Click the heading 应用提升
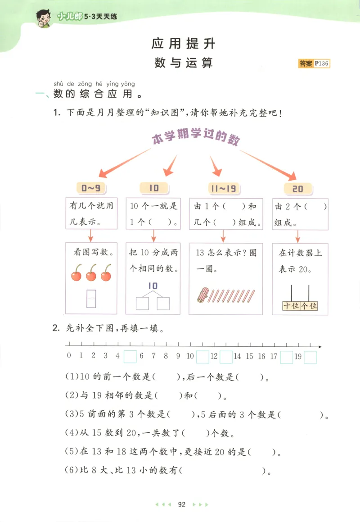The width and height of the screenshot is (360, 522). (184, 43)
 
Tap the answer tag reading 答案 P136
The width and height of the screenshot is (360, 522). (314, 64)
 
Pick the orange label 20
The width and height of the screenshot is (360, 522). (298, 188)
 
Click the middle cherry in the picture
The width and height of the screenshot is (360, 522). (91, 273)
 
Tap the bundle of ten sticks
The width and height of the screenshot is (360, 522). (203, 295)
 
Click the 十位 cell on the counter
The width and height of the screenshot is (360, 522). (291, 306)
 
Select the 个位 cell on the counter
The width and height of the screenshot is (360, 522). (309, 306)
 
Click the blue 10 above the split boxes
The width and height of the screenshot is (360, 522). (153, 286)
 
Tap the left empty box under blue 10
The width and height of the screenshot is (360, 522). (142, 304)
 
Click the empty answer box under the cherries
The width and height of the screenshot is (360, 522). (91, 299)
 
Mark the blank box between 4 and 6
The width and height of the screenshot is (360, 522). (130, 357)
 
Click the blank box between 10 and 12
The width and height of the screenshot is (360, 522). (202, 357)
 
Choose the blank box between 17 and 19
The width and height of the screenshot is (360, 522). (286, 357)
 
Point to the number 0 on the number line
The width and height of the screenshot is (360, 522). (68, 356)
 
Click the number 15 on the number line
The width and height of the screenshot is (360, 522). (250, 356)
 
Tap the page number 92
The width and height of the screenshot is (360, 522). (182, 504)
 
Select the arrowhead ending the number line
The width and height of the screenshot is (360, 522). (319, 346)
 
